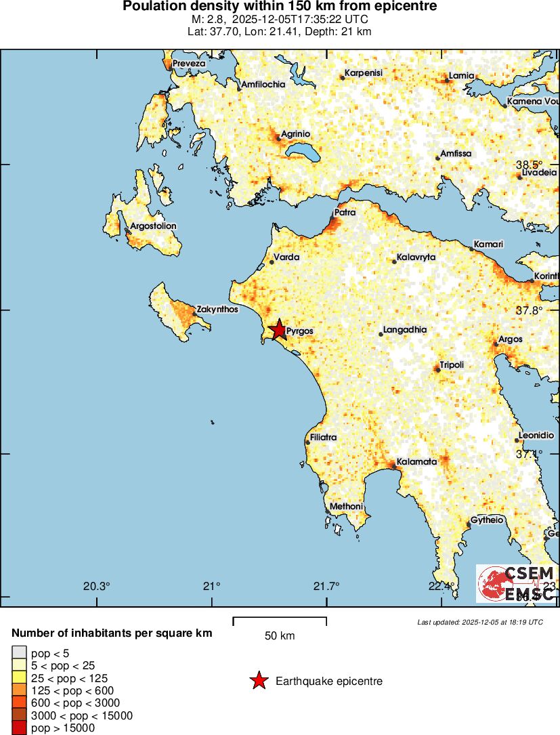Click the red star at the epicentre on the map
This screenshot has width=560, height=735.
[x=278, y=330]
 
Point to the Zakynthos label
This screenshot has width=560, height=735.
[x=217, y=310]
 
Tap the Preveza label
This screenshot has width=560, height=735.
[x=189, y=63]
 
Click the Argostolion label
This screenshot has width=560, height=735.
[x=153, y=226]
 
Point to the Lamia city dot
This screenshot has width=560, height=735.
[x=447, y=79]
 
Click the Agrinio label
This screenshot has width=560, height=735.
[x=295, y=133]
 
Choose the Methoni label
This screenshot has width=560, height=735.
[x=346, y=507]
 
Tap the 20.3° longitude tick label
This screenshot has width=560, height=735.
[x=97, y=586]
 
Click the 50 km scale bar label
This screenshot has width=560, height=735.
[x=280, y=636]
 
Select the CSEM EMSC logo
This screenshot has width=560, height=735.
[x=517, y=583]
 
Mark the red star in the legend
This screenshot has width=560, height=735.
[x=258, y=681]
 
